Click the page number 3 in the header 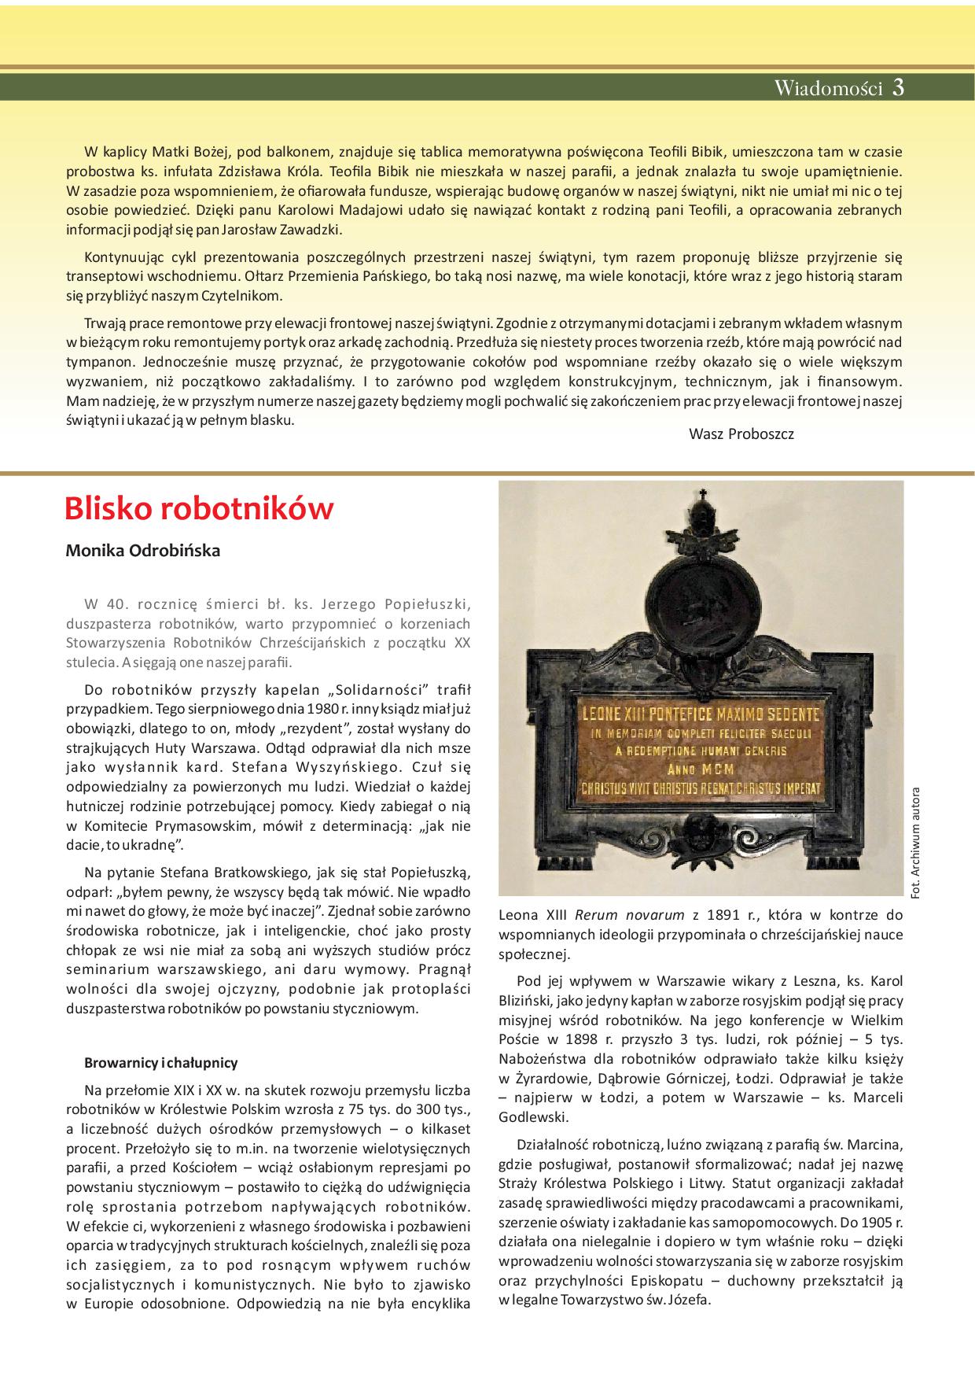pos(898,88)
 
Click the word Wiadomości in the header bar pos(829,88)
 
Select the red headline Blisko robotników pos(199,509)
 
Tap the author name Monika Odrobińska pos(142,551)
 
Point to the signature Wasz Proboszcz pos(741,434)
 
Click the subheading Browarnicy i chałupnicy pos(160,1063)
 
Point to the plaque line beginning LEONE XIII pos(700,714)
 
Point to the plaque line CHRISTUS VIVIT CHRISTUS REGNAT pos(699,788)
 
